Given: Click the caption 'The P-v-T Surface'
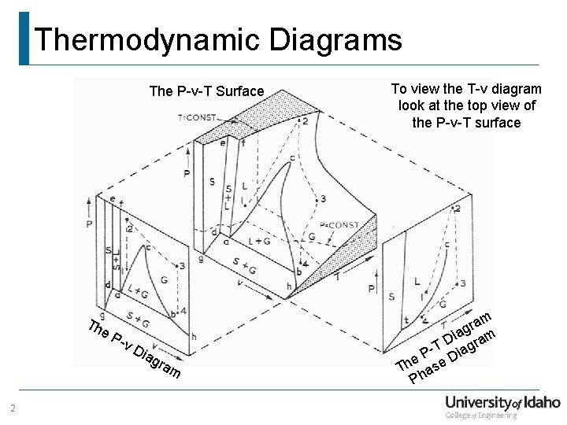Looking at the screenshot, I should (206, 91).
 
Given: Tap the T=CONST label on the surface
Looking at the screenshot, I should (196, 117).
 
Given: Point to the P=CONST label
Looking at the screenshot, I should (339, 225).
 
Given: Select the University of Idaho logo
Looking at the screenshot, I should (502, 405).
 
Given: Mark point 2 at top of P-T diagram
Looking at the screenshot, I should (458, 209).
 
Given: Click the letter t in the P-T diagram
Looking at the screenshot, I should (406, 320).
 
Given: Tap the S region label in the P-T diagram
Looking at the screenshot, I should (391, 296).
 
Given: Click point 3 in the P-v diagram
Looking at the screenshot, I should (182, 267).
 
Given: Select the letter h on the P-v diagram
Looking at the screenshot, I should (194, 337).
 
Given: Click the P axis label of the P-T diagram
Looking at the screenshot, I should (372, 290).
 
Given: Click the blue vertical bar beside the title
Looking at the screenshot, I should (24, 38).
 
